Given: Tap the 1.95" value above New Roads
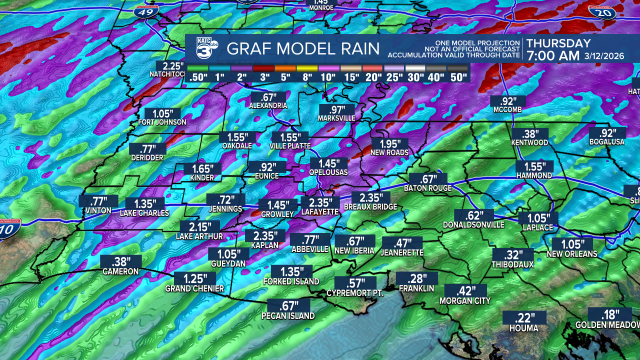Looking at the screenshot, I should [389, 143].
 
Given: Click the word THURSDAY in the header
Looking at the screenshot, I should [558, 43].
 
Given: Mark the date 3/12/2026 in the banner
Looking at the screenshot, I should [604, 56].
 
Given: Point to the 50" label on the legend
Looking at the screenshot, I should [458, 77].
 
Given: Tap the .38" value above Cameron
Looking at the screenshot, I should [120, 261].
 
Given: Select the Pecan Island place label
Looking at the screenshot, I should [288, 316].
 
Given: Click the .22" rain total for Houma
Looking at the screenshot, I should [524, 317].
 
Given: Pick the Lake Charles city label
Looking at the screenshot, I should [144, 213].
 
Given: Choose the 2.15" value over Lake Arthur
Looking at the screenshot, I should [199, 226].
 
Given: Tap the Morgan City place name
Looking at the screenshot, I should [465, 301].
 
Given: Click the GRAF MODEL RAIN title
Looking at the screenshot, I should [303, 49].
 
